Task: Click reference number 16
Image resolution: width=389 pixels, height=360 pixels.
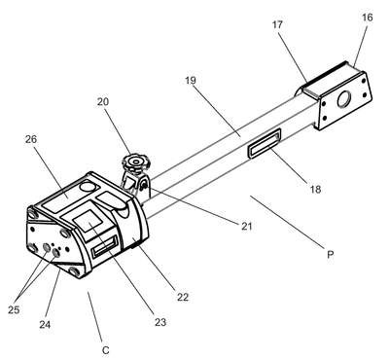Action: coord(368,18)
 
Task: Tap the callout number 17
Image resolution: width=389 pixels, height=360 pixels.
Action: coord(277,24)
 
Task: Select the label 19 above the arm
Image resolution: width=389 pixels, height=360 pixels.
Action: coord(191,80)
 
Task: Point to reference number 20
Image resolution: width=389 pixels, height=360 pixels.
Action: coord(103,102)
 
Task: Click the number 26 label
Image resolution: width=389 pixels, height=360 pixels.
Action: coord(31,139)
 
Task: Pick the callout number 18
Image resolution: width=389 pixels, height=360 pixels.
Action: coord(315,189)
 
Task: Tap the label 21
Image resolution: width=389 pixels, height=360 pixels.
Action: coord(247,226)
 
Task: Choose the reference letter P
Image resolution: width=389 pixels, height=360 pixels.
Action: coord(330,255)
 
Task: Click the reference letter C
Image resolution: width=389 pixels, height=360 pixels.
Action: coord(106,350)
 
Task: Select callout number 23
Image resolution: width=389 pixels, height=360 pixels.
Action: coord(160,322)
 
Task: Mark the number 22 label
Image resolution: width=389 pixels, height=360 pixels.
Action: coord(183,297)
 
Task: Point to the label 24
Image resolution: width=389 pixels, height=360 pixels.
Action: coord(45,324)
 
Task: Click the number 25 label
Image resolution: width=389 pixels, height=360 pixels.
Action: coord(14,310)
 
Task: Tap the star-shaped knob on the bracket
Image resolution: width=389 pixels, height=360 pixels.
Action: coord(133,162)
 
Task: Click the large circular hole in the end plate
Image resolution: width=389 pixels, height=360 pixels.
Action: coord(344,99)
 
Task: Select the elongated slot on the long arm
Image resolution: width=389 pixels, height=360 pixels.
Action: coord(265,143)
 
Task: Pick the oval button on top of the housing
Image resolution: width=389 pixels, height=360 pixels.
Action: coord(88,187)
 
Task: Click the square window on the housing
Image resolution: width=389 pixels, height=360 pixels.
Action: coord(88,221)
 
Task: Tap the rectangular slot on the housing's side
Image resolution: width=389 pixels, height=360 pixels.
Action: coord(104,246)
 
